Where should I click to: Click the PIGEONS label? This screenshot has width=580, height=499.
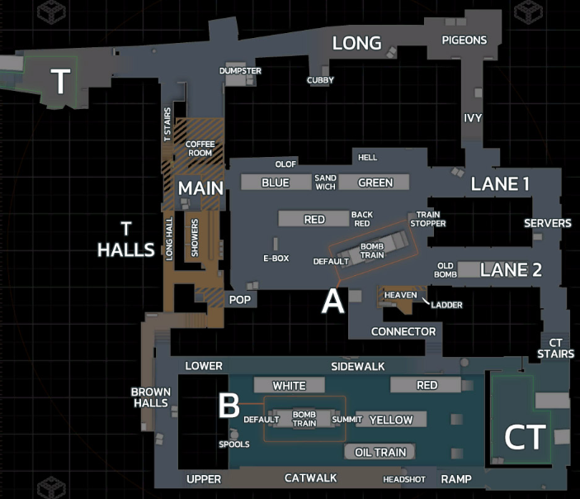[x=464, y=40]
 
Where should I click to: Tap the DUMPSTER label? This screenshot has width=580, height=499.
[x=240, y=71]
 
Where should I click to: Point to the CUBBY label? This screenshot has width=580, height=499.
[x=320, y=80]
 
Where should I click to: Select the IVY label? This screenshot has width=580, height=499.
[x=473, y=117]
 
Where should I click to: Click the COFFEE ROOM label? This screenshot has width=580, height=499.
[x=200, y=149]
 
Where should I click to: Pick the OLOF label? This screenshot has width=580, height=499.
[x=285, y=164]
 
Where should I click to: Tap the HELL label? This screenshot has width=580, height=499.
[x=367, y=157]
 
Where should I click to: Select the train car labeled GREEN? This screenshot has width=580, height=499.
[x=375, y=183]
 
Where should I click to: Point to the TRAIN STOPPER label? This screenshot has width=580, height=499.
[x=428, y=219]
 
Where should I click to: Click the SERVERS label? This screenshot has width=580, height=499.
[x=548, y=223]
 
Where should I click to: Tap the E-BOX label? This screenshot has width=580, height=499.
[x=276, y=258]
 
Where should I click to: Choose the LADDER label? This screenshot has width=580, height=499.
[x=446, y=305]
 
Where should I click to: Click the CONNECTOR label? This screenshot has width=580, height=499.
[x=403, y=332]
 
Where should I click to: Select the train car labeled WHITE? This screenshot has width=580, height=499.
[x=289, y=385]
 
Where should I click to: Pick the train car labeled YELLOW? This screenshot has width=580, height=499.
[x=390, y=420]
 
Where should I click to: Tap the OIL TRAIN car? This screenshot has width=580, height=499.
[x=380, y=452]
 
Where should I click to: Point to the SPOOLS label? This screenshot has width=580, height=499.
[x=234, y=444]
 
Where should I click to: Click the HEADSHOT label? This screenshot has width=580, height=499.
[x=404, y=479]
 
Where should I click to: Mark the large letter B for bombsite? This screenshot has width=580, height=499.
[x=229, y=406]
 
